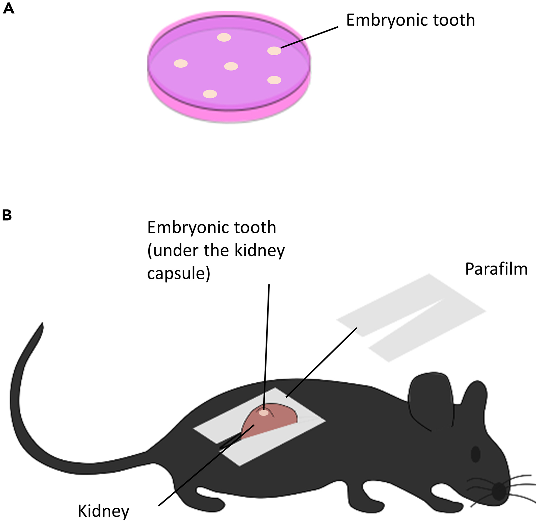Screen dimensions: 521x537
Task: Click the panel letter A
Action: point(8,9)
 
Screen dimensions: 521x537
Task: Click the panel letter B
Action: point(7,215)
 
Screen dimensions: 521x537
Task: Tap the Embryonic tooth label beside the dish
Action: point(410,20)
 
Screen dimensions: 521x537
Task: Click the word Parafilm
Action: point(496,269)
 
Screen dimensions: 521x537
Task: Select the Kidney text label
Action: point(103,511)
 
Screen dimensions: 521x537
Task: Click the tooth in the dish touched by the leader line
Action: point(274,51)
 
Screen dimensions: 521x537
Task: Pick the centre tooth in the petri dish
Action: point(231,66)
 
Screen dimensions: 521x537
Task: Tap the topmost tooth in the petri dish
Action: point(224,37)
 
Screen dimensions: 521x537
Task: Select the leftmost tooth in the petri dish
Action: point(181,63)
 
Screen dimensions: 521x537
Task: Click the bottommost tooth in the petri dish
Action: point(210,94)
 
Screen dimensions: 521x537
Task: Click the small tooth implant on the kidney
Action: point(264,413)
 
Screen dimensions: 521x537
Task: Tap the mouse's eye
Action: point(476,454)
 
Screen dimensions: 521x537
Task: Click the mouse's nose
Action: point(499,491)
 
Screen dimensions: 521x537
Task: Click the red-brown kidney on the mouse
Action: point(273,420)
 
